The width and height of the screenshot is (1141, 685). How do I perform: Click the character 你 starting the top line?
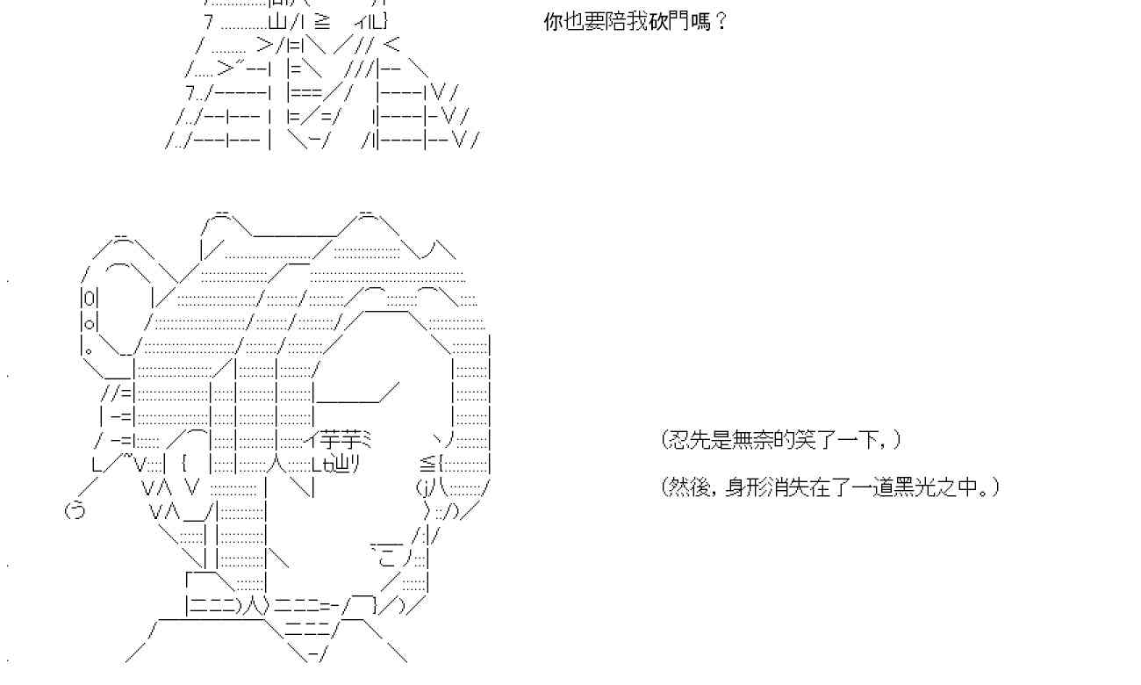553,22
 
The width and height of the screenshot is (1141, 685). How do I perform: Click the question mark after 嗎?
721,22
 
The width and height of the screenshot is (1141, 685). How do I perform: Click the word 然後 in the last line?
689,487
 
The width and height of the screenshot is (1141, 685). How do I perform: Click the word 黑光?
913,487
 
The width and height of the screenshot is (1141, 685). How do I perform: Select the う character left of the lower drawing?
75,509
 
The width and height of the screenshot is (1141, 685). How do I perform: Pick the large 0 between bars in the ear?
90,296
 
